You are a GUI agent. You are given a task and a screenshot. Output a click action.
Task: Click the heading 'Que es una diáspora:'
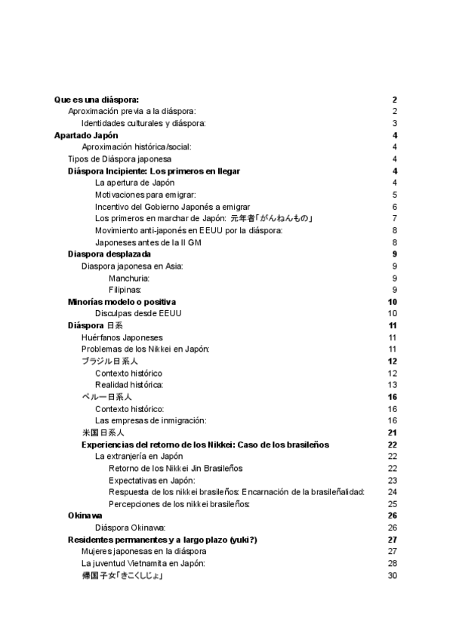tap(97, 100)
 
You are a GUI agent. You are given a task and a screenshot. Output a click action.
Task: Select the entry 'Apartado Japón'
tap(85, 135)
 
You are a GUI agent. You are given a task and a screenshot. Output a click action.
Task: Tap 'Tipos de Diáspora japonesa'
tap(119, 159)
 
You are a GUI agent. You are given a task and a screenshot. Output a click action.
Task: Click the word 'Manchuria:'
tap(129, 278)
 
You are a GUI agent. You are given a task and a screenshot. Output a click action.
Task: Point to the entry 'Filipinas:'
tap(125, 290)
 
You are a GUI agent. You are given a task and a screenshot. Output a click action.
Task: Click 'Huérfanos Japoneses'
tap(122, 337)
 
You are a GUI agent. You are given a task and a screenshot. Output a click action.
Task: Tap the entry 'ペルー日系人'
tap(106, 397)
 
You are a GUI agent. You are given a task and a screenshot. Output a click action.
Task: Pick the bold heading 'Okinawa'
tap(85, 515)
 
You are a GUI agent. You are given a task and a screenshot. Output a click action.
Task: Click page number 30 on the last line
tap(392, 576)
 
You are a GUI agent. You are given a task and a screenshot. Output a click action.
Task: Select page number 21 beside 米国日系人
tap(392, 432)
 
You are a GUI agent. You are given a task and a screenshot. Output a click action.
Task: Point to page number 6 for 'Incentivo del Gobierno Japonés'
tap(394, 207)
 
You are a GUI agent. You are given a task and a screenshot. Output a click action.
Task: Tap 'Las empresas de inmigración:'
tap(150, 420)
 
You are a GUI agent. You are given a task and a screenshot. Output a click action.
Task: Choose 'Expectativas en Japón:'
tap(152, 480)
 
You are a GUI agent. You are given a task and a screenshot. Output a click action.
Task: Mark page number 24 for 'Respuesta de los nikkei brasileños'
tap(392, 492)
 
